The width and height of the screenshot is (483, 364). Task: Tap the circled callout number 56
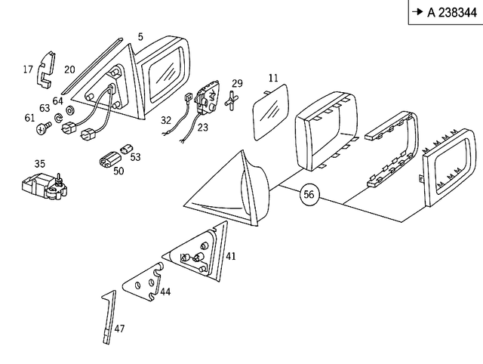(308, 194)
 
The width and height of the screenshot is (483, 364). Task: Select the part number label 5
(140, 36)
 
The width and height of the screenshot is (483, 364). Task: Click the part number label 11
(273, 78)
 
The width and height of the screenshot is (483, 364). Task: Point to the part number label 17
(28, 70)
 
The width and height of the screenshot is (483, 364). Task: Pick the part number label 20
(69, 70)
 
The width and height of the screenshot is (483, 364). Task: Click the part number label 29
(237, 83)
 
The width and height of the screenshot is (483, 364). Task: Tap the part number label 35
(39, 163)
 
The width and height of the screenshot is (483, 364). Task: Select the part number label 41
(231, 256)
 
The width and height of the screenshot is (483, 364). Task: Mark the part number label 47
(120, 329)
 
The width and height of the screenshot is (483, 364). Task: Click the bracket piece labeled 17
(48, 67)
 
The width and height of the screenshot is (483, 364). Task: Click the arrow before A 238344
(417, 11)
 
